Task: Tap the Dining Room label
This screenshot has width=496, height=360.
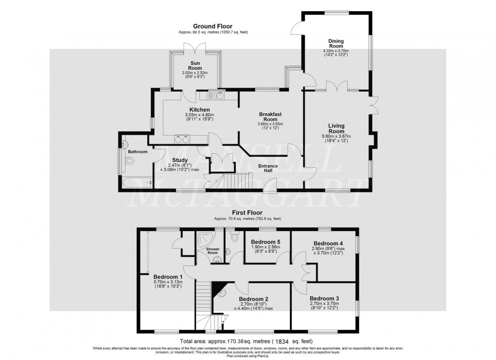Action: coord(336,43)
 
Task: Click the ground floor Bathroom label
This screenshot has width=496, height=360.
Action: coord(138,152)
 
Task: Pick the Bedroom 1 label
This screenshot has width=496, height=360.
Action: coord(168,277)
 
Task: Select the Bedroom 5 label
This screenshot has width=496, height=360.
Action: coord(265,242)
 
